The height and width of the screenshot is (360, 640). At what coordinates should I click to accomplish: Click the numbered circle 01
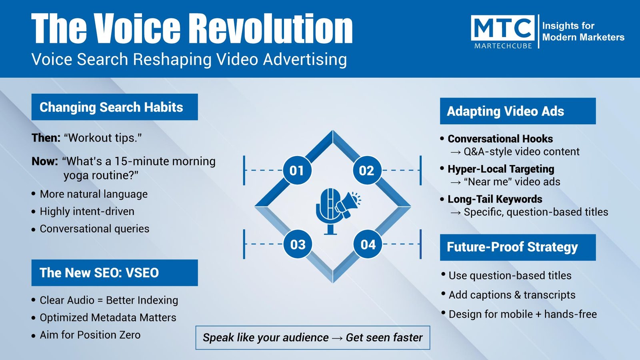click(x=297, y=170)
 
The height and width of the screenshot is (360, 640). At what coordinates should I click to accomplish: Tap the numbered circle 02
click(x=367, y=170)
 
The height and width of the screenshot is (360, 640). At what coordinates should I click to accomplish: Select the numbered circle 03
click(x=298, y=244)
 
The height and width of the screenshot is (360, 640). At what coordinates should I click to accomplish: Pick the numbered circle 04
click(x=368, y=244)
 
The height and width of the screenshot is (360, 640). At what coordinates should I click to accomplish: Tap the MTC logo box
click(x=502, y=28)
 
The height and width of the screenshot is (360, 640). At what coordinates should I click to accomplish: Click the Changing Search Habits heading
click(x=114, y=107)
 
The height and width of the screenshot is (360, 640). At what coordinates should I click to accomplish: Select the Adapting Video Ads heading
click(x=518, y=111)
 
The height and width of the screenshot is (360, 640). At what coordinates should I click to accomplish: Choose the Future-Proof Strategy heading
click(x=518, y=248)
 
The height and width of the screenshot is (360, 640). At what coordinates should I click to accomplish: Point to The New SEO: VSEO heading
click(x=114, y=273)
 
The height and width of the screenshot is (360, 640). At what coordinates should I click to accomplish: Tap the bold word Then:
click(x=46, y=138)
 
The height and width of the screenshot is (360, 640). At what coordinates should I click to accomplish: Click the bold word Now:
click(x=45, y=162)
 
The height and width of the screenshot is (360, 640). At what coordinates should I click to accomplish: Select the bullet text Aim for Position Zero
click(x=90, y=335)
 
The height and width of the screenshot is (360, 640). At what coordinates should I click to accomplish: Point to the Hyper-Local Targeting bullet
click(x=500, y=169)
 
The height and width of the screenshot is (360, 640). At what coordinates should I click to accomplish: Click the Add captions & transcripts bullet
click(x=512, y=295)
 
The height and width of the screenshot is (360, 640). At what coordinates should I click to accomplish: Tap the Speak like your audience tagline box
click(x=313, y=338)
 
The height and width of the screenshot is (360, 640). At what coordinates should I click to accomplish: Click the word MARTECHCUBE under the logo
click(x=503, y=46)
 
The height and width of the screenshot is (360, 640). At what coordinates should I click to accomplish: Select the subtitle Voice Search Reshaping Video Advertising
click(x=189, y=60)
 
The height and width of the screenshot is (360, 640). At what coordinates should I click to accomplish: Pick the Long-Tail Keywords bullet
click(x=495, y=199)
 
